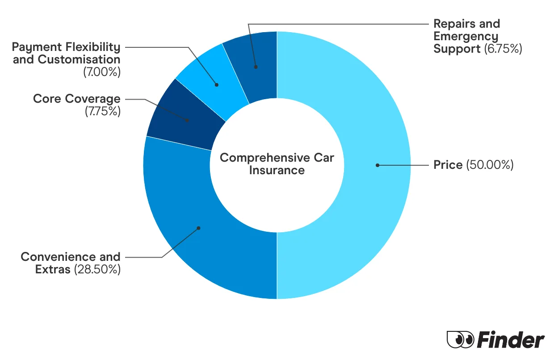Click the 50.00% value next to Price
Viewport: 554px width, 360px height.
[490, 165]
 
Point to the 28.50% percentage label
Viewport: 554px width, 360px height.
[97, 269]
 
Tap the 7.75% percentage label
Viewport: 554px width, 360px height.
[102, 111]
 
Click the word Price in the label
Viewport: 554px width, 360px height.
[448, 165]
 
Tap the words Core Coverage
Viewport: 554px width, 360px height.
[76, 99]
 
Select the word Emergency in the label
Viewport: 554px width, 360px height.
[466, 36]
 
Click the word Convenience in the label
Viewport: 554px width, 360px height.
[55, 257]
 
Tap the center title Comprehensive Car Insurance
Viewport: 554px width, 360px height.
[277, 164]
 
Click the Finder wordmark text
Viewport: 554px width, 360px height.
[511, 340]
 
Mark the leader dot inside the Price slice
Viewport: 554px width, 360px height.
[378, 165]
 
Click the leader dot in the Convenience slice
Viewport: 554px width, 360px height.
[199, 228]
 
